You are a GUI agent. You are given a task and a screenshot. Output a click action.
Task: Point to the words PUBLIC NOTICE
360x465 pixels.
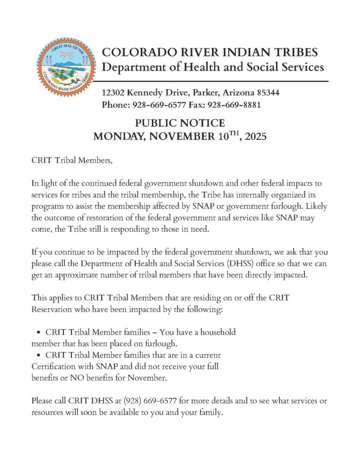[x=180, y=123]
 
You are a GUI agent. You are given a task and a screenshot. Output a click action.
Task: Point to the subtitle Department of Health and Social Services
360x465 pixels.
[x=213, y=68]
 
